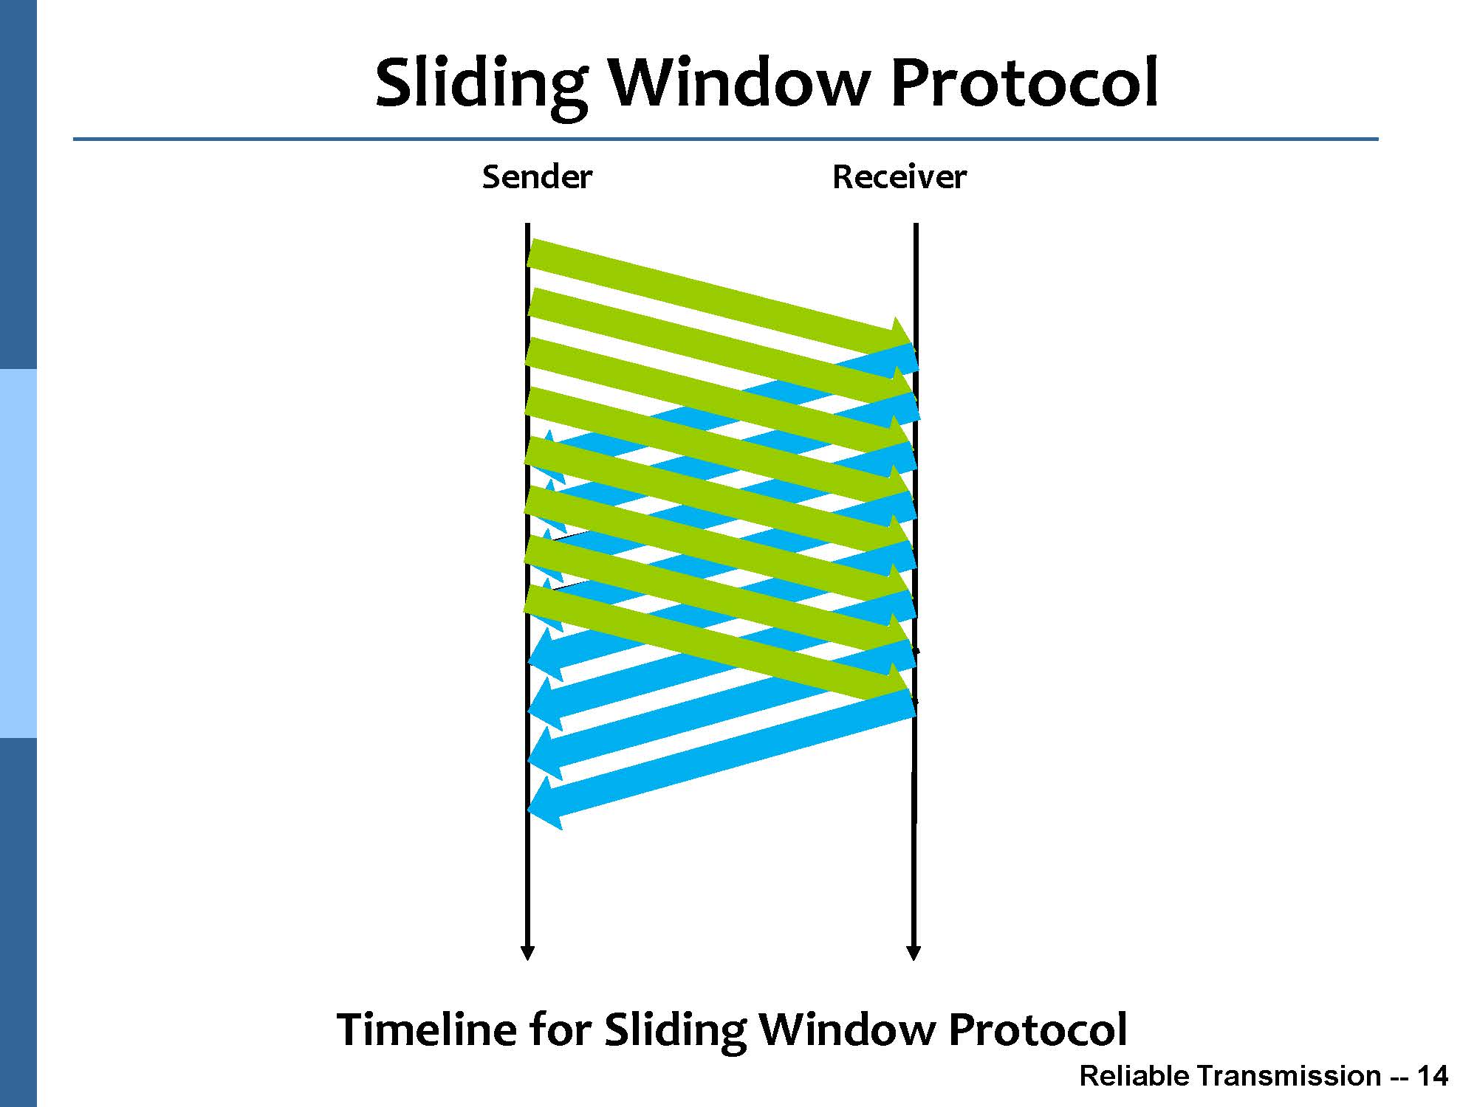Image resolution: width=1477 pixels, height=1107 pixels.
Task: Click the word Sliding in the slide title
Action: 482,85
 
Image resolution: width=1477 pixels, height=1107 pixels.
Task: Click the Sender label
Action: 537,177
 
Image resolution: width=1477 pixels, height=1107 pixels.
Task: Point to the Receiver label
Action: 899,177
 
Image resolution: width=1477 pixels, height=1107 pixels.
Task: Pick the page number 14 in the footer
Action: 1433,1076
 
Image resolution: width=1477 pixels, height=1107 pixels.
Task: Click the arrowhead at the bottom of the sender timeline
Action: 527,953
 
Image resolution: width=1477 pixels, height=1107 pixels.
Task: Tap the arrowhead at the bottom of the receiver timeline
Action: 914,953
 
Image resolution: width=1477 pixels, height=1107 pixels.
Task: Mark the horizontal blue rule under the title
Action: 725,139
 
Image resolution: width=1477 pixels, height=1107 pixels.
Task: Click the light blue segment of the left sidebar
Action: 18,553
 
